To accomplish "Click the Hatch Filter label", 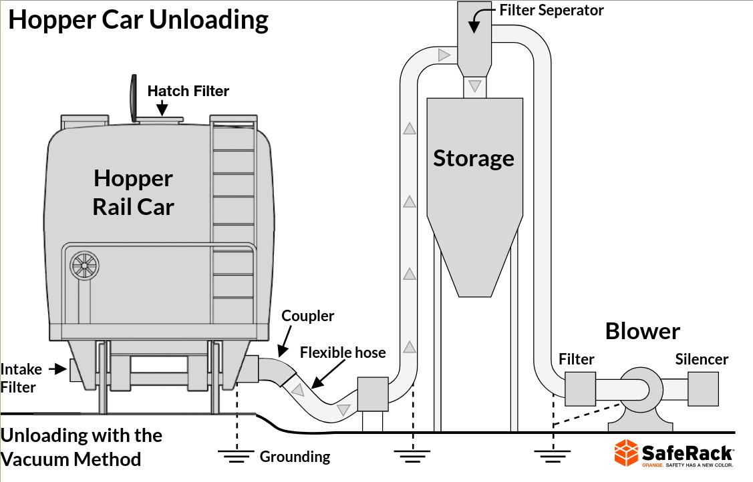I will (188, 91).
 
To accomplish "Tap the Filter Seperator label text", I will (551, 10).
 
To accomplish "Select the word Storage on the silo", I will (474, 158).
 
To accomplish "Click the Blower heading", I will (642, 331).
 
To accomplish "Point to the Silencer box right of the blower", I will (703, 389).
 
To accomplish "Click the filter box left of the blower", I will (580, 389).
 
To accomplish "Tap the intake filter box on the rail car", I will (77, 370).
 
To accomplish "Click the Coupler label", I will (307, 316).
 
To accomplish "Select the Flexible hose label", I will (343, 352).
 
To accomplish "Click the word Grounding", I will (295, 457).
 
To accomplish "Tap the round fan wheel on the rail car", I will (84, 266).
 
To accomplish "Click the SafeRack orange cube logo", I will (627, 453).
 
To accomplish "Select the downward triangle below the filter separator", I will (474, 85).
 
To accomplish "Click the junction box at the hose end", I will (373, 394).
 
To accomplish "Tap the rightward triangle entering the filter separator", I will (444, 55).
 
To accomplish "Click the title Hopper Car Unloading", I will (138, 19).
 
